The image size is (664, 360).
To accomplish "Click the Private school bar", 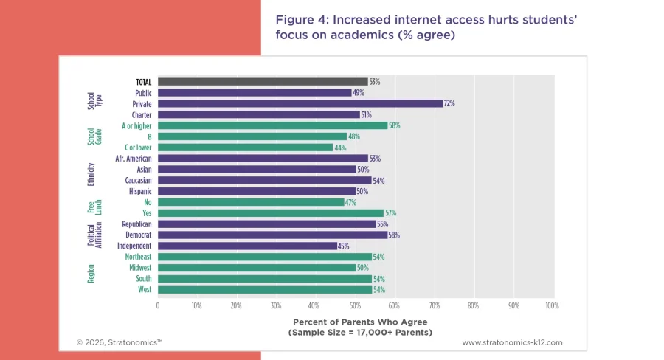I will click(300, 104).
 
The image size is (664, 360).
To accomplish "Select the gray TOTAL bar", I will click(262, 82).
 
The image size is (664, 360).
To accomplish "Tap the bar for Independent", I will click(246, 246).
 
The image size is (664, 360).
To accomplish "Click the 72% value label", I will click(449, 104).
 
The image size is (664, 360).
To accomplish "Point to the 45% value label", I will click(343, 246).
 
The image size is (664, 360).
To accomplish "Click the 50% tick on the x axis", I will click(354, 305).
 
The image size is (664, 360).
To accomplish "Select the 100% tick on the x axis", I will click(550, 305).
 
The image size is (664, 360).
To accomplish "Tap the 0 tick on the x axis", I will click(158, 305).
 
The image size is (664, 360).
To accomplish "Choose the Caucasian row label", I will click(136, 180).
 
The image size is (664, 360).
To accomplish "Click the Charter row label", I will click(142, 115).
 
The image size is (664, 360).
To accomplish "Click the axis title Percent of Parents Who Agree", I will click(360, 322).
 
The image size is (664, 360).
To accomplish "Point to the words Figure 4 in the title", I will click(299, 18).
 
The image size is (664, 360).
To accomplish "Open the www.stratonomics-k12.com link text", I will click(512, 342).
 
